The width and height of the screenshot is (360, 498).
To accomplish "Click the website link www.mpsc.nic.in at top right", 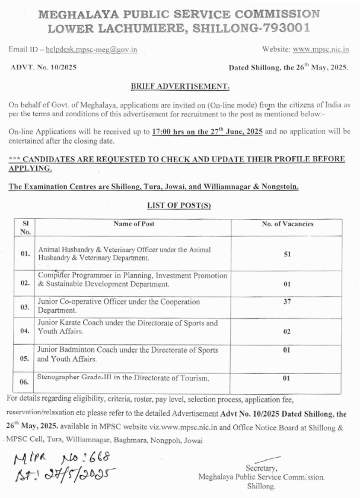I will coord(321,49).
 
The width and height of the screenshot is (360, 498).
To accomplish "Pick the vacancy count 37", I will coord(287,300).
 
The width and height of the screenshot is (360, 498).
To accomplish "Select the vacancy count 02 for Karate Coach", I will coord(287,331).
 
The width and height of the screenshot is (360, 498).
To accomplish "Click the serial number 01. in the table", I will coord(25,253).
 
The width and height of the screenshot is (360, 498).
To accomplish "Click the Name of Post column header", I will coord(134,224).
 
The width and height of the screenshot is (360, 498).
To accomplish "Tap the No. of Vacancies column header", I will coord(288,224).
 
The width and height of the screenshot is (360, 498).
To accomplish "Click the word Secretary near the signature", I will coord(260,468).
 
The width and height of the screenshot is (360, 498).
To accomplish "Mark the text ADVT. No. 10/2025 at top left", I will coord(43,68).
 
